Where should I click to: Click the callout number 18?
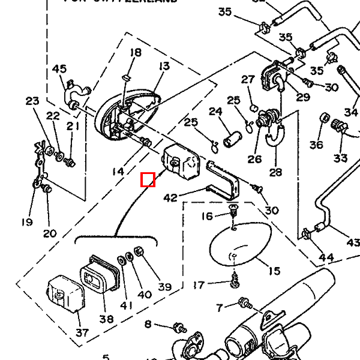[x=136, y=53]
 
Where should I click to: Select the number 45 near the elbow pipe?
[x=59, y=69]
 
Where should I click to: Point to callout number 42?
[x=170, y=197]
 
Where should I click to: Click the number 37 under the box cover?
[x=82, y=332]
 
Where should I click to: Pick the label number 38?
[x=106, y=319]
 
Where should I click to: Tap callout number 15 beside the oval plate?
[x=274, y=271]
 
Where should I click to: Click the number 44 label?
[x=326, y=257]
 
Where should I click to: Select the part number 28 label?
[x=275, y=172]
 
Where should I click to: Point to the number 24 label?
[x=215, y=111]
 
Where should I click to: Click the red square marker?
[x=148, y=179]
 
